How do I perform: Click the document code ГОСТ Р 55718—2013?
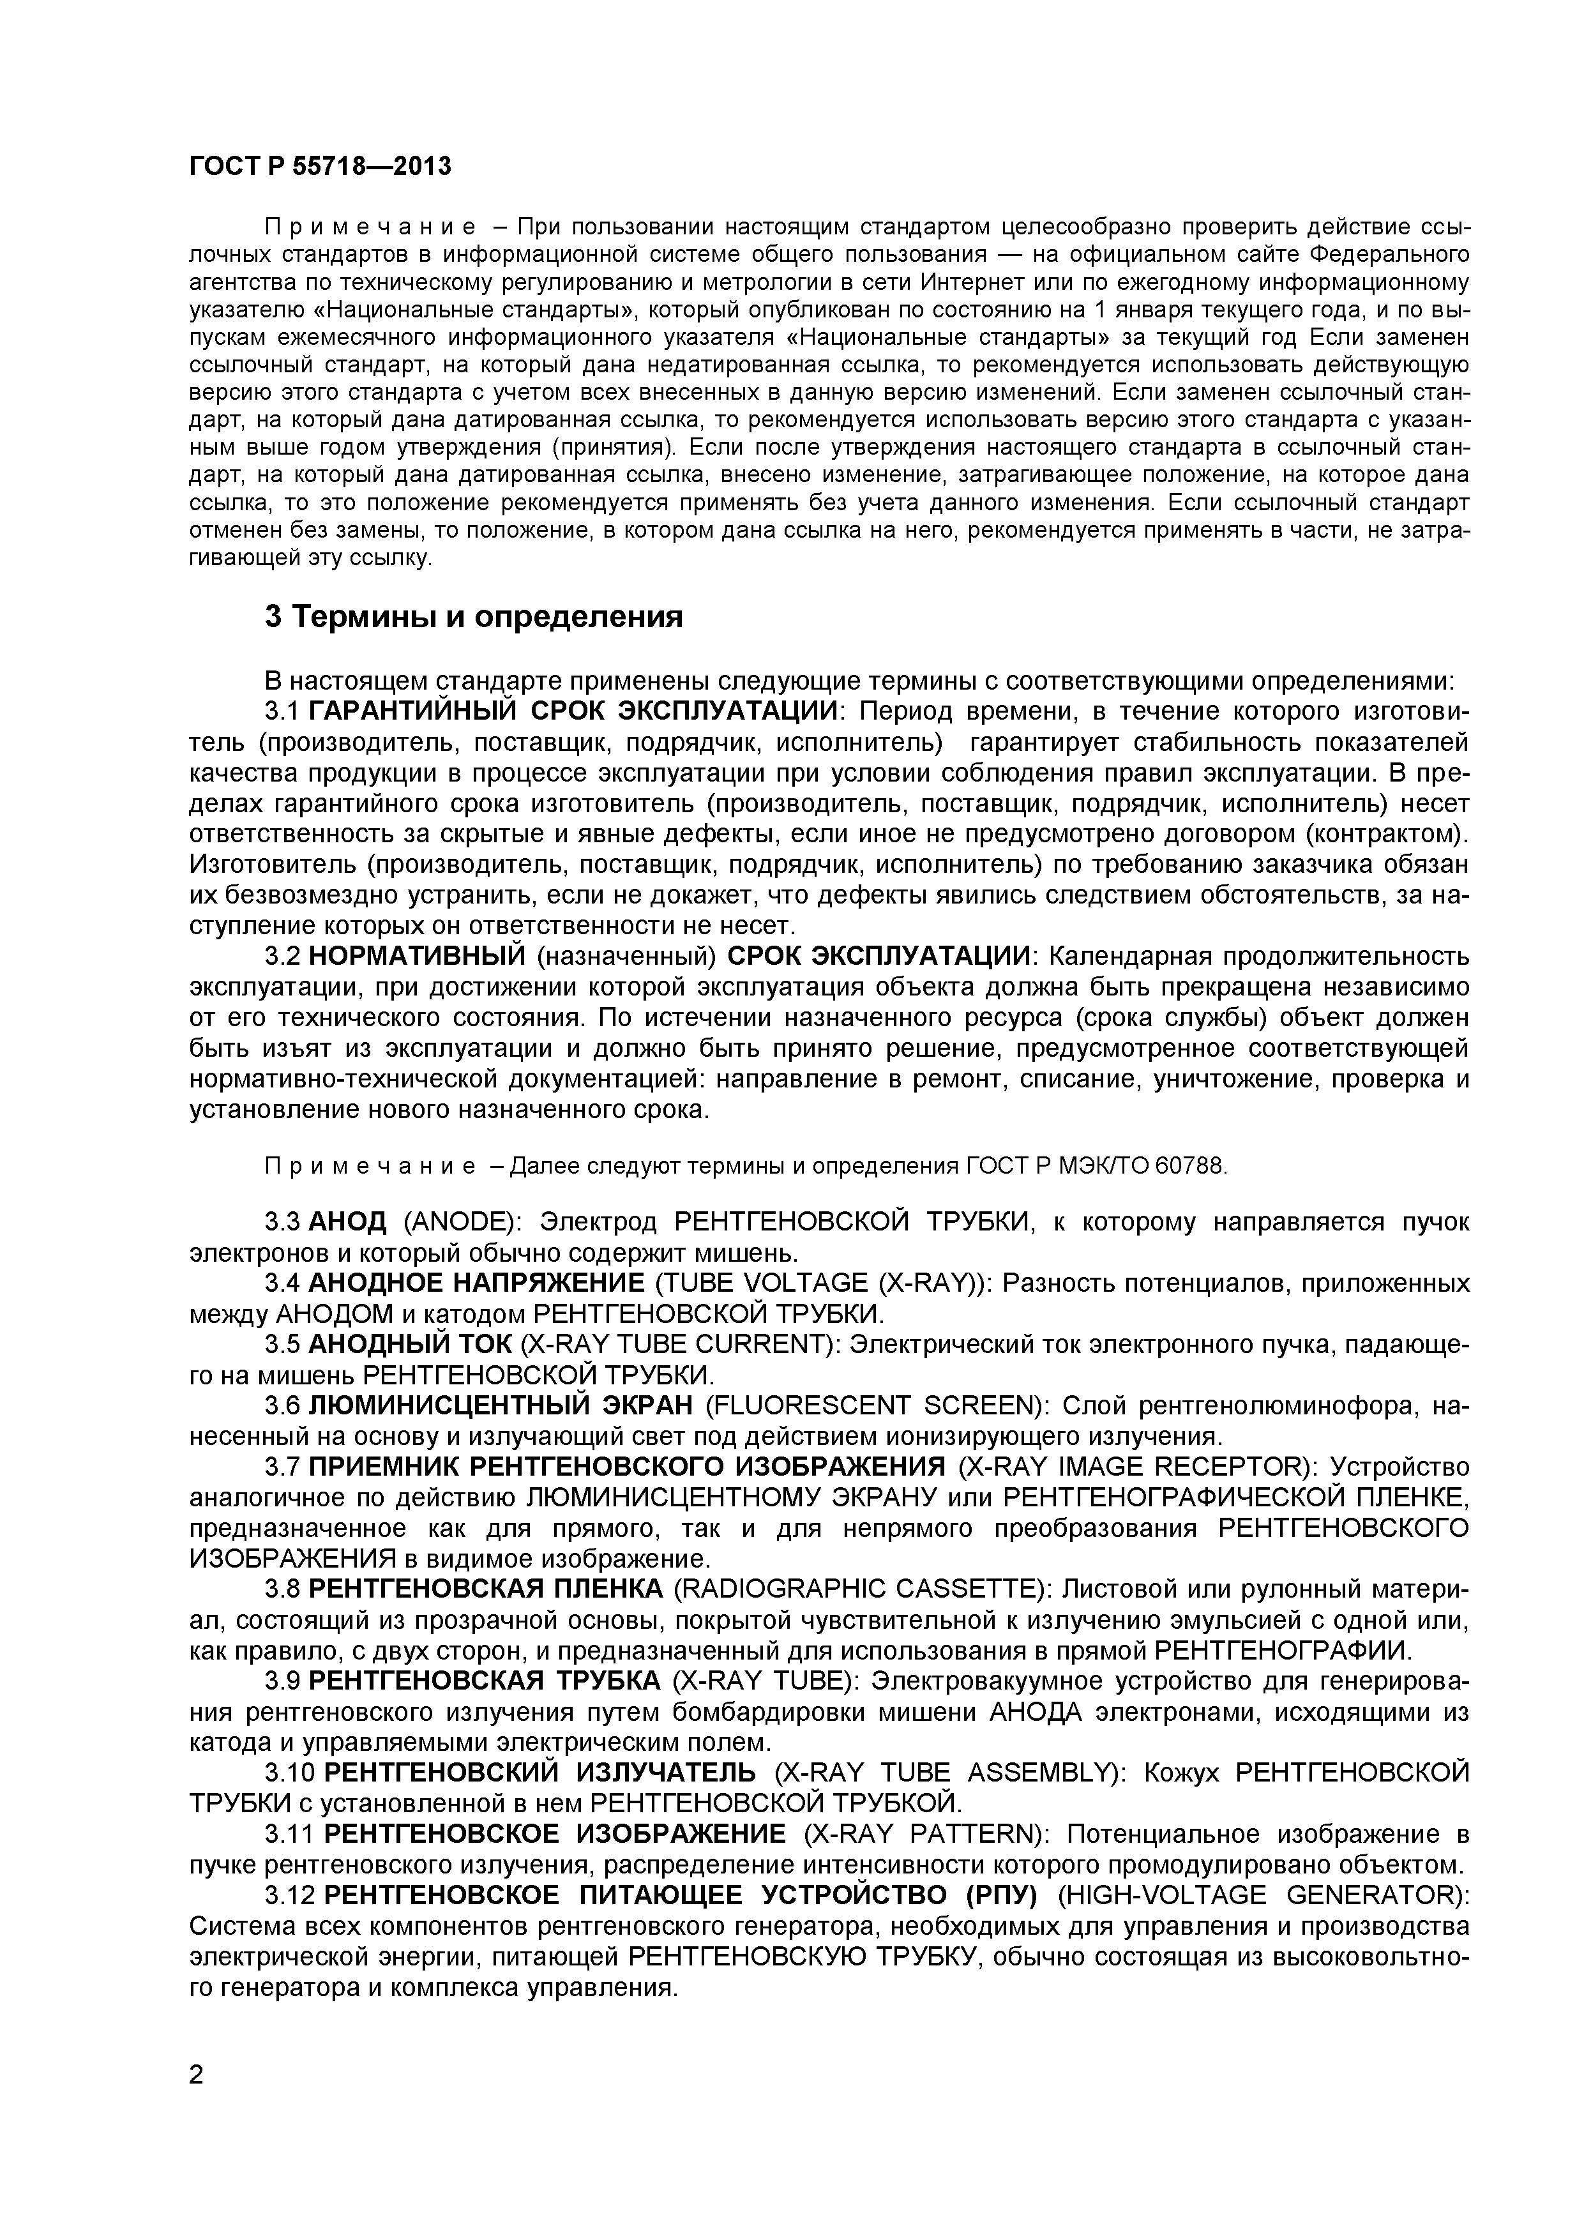(x=320, y=167)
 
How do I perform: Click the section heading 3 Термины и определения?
(x=474, y=617)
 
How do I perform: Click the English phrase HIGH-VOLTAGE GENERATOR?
(x=1262, y=1896)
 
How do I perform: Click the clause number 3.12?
(x=290, y=1896)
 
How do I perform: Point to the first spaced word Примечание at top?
(x=371, y=227)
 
